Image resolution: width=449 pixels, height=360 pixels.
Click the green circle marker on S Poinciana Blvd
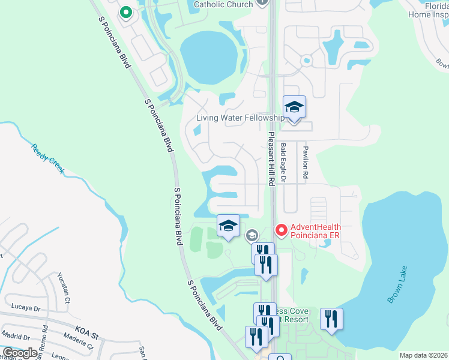coord(125,12)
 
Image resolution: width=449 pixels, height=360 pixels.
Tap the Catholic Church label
coord(223,4)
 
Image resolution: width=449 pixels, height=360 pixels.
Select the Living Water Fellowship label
coord(240,118)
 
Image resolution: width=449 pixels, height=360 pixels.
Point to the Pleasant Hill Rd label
coord(271,159)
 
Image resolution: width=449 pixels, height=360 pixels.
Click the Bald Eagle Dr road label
coord(284,163)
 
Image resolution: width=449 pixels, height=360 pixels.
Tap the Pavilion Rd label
coord(305,163)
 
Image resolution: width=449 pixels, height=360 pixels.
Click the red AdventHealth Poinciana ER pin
coord(280,230)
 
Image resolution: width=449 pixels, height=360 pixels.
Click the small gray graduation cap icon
coord(251,235)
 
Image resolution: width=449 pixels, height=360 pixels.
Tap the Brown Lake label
coord(397,284)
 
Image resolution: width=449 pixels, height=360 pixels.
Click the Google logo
coord(20,353)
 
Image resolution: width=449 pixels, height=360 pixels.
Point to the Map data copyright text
coord(423,355)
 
